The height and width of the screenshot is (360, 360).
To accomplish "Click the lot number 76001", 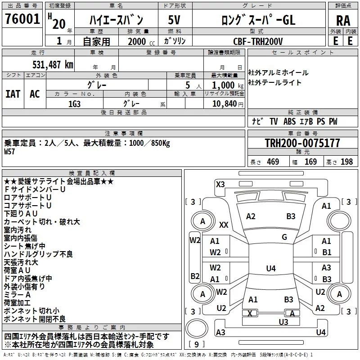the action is (22, 19).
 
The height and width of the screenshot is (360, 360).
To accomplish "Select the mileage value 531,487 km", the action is (53, 65).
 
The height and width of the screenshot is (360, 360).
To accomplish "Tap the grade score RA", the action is (343, 21).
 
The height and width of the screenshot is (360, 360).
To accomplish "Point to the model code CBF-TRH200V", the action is (258, 41).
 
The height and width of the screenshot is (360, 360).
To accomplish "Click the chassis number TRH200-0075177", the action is (302, 143).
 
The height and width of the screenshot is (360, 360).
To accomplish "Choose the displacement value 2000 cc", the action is (141, 42).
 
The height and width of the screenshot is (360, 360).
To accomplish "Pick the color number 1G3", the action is (74, 104).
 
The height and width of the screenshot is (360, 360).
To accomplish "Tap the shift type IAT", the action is (13, 94).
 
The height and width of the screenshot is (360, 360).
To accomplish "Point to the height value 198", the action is (346, 162).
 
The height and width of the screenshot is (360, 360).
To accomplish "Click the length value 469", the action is (273, 162).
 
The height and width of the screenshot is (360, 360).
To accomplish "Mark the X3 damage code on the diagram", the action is (220, 184).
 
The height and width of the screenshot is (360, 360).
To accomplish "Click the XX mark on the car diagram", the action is (224, 225).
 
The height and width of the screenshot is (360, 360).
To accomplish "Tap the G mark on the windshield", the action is (284, 237).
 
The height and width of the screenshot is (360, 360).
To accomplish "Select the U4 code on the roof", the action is (271, 268).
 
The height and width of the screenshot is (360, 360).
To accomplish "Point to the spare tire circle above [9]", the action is (197, 328).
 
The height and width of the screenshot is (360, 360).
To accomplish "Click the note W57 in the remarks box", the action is (9, 152).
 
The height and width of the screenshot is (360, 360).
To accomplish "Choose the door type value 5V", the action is (174, 20).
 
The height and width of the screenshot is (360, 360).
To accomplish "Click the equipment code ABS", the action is (289, 121).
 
